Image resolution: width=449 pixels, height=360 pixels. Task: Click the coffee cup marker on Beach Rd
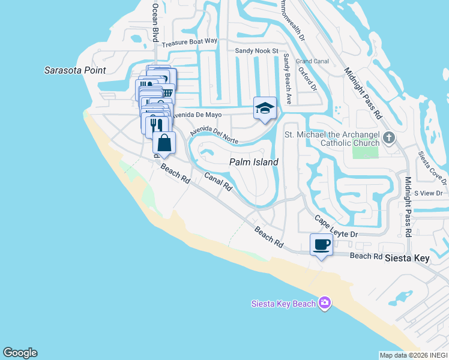tap(322, 245)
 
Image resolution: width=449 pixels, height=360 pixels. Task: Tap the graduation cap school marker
tap(265, 109)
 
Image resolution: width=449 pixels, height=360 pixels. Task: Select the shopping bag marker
tap(164, 143)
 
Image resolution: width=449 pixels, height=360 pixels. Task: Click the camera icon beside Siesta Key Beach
tap(325, 303)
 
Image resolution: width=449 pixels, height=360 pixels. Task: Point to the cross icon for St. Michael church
tap(389, 138)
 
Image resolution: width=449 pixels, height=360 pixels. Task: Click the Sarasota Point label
tap(75, 70)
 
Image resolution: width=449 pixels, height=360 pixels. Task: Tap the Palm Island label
tap(254, 162)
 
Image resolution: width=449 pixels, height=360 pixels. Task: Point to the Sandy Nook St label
tap(257, 52)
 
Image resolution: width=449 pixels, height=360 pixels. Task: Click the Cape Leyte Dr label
tap(336, 227)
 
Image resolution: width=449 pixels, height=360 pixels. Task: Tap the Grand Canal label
tap(312, 61)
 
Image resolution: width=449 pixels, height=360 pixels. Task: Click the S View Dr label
tap(428, 193)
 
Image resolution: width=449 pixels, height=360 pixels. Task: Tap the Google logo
tap(20, 353)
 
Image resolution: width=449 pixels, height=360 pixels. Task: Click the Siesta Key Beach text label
tap(283, 304)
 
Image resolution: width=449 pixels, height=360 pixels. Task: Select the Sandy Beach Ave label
tap(287, 79)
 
